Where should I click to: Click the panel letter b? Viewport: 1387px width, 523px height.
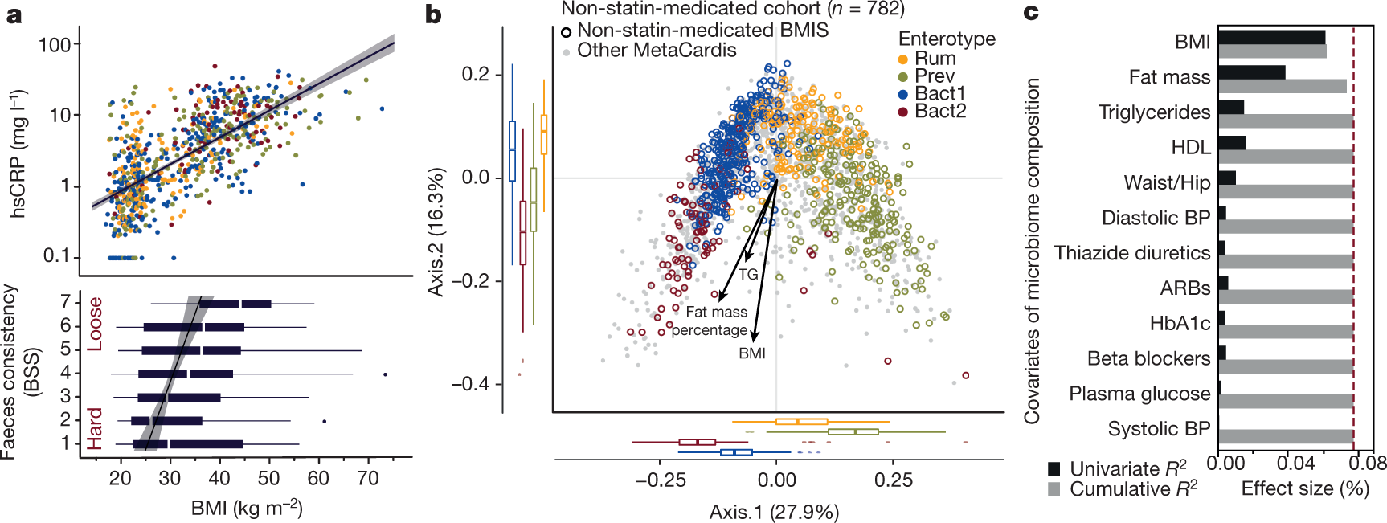pos(433,14)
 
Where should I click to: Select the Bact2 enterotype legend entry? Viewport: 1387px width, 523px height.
pos(940,112)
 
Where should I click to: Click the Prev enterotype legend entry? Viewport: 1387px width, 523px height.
pos(935,76)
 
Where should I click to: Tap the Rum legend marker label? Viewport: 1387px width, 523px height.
pos(935,59)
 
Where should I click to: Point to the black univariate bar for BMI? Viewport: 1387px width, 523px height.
pos(1271,38)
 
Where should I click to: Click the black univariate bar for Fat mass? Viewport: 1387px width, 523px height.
pos(1251,72)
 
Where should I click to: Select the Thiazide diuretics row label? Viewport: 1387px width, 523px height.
pos(1131,253)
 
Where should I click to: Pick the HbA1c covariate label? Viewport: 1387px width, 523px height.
pos(1180,323)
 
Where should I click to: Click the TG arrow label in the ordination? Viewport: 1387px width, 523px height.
pos(748,274)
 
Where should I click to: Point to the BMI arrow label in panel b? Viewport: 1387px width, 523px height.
pos(752,353)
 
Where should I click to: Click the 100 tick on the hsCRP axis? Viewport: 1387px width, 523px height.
pos(55,44)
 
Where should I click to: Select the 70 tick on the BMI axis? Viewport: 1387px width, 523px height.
pos(368,479)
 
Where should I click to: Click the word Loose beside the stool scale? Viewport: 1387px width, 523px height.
pos(96,324)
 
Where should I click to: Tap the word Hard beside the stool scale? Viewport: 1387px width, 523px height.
pos(96,428)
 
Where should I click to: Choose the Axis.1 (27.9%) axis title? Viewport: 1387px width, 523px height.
pos(774,512)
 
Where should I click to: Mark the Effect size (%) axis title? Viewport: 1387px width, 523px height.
pos(1305,488)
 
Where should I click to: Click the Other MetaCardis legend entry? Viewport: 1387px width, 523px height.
pos(656,51)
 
